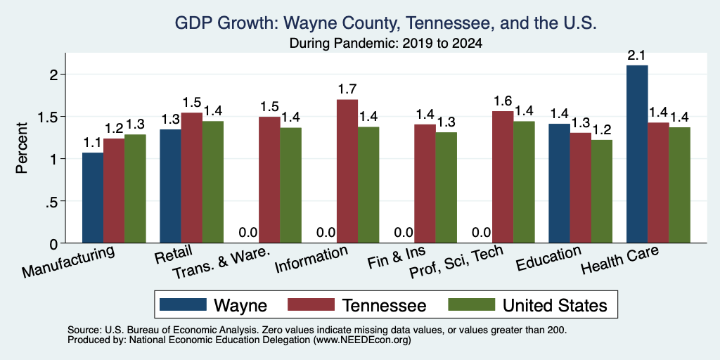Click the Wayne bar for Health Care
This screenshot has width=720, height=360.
pos(637,154)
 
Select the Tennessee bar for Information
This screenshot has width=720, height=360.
pos(347,172)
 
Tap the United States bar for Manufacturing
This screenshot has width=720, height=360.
pos(135,188)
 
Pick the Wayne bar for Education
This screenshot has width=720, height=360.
pos(559,184)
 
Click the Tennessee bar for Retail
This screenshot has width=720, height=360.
pos(191,178)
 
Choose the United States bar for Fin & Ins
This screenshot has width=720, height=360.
pos(446,188)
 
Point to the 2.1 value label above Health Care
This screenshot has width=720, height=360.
pos(637,56)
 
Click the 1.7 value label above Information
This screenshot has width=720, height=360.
pos(347,89)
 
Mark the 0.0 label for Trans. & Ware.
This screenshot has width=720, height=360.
pos(248,232)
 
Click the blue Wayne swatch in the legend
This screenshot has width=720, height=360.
pos(183,304)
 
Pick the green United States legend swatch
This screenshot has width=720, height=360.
pos(472,304)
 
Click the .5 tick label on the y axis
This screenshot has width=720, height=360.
pos(54,201)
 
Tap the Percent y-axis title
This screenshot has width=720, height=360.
pos(22,148)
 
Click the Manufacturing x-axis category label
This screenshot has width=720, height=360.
pos(68,262)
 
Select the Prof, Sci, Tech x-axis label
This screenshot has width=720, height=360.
pos(456,262)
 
